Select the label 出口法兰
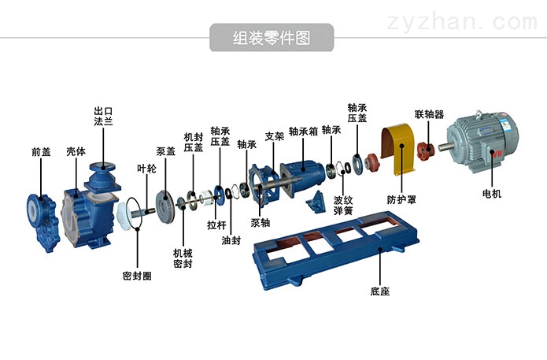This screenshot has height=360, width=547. click(104, 117)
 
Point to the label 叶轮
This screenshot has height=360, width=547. click(147, 168)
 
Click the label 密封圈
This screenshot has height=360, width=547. click(137, 276)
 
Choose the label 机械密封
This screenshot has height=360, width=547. click(183, 258)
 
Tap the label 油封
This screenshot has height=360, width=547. click(231, 240)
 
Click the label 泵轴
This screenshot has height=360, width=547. click(261, 222)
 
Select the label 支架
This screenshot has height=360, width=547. click(274, 135)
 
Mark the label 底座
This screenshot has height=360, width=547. click(379, 291)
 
